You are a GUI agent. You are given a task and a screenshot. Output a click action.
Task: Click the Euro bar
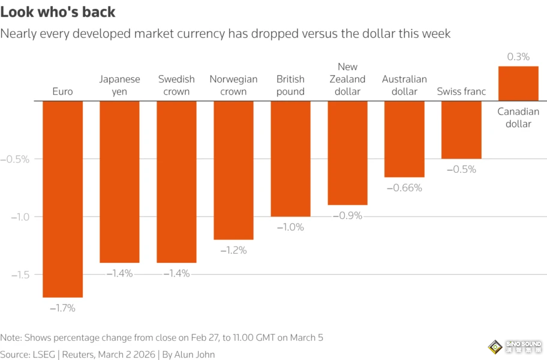62,199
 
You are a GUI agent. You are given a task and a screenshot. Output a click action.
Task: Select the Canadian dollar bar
518,83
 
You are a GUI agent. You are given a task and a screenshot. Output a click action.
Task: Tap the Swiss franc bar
461,130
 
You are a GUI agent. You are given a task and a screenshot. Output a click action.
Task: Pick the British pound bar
290,158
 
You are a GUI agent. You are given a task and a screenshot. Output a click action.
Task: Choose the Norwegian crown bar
233,170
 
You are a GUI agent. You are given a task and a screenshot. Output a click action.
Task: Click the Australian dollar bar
404,139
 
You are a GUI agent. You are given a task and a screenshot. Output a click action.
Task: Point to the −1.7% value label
62,308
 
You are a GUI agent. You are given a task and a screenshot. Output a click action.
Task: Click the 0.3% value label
518,57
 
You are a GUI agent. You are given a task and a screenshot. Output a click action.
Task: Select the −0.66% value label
404,188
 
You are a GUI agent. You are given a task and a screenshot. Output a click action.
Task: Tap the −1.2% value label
233,250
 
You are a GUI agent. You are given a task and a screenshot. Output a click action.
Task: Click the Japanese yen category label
119,85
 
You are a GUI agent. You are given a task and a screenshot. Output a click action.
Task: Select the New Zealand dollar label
348,79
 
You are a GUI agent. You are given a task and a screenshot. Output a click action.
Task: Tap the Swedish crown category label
176,85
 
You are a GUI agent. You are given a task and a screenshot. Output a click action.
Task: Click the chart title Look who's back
58,12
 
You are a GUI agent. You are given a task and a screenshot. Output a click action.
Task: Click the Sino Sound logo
514,347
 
